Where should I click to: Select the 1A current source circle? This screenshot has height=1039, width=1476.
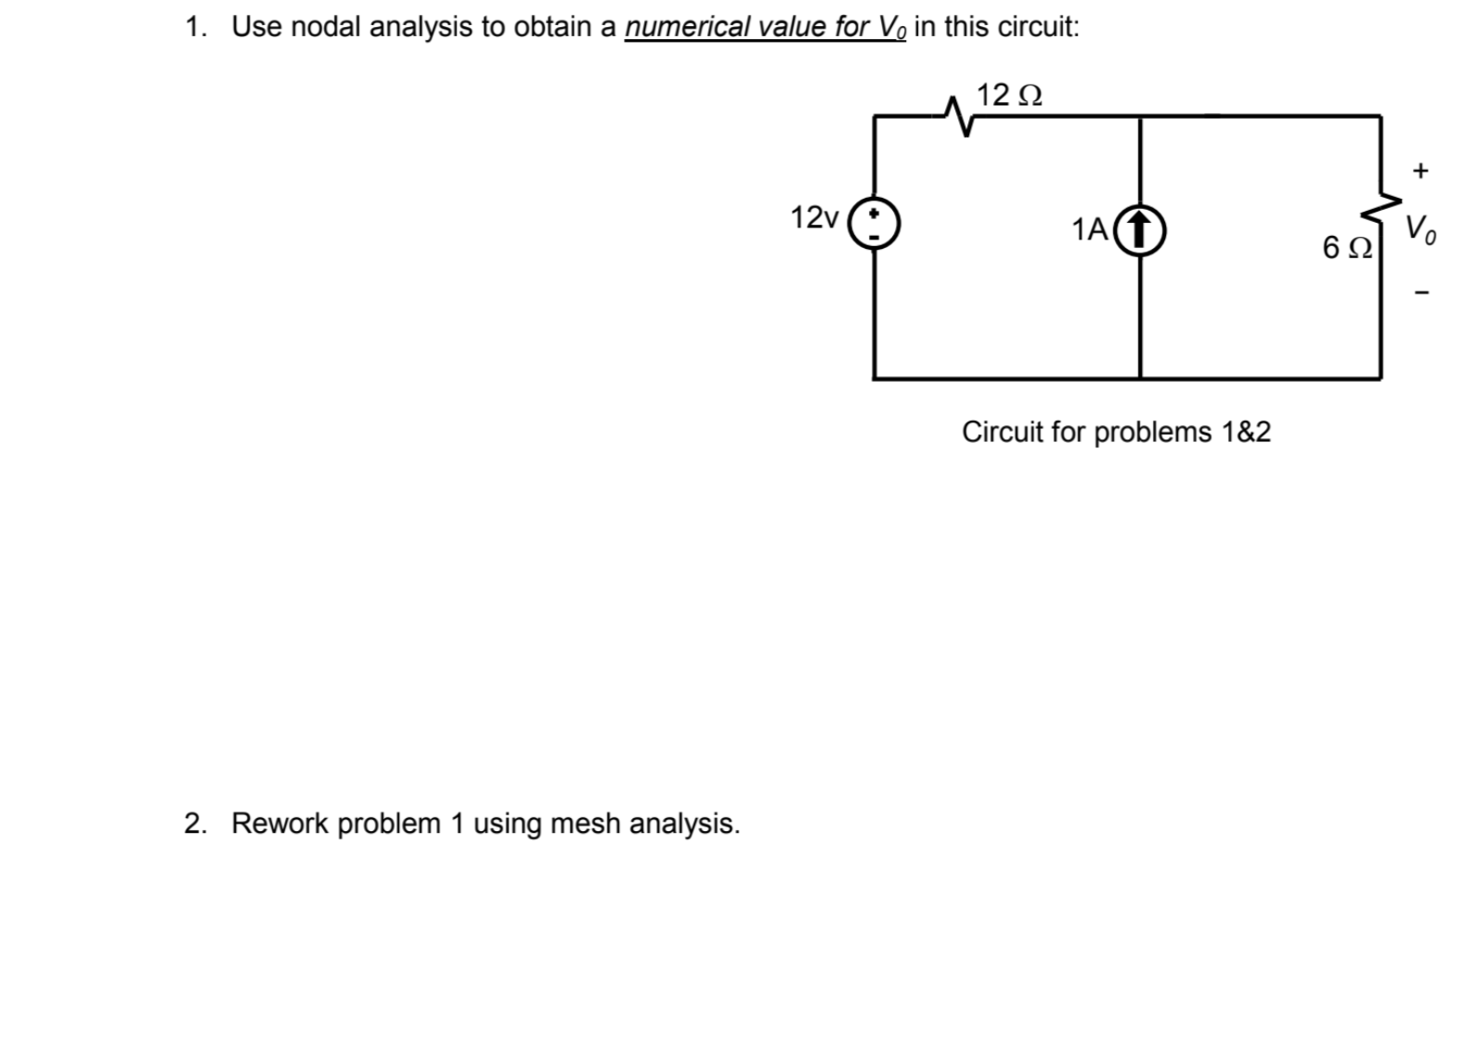point(1140,229)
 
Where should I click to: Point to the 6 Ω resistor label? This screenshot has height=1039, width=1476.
point(1347,248)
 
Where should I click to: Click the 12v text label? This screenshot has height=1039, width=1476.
point(814,218)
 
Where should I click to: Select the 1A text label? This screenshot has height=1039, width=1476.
point(1089,229)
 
